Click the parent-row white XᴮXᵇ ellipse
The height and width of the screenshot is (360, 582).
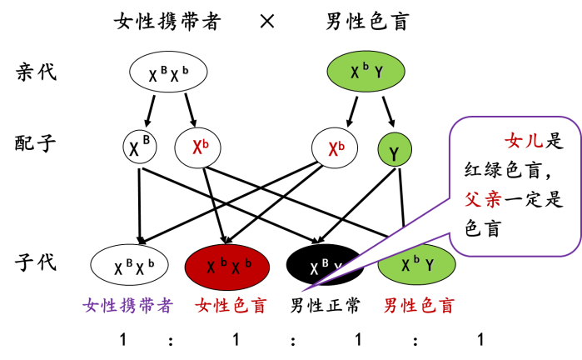[x=168, y=72]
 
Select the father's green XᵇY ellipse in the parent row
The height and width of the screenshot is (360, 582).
[x=366, y=72]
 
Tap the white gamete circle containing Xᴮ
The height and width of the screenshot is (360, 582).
[x=140, y=147]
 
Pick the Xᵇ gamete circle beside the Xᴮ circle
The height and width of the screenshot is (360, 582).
[x=197, y=147]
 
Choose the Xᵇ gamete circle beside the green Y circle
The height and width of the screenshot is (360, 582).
[x=335, y=148]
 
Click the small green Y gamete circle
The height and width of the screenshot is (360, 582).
[x=395, y=150]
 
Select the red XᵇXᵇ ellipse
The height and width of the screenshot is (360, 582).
[x=227, y=267]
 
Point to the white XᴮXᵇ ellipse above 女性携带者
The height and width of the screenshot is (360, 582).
[x=129, y=265]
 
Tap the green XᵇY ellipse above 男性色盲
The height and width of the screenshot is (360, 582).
[x=417, y=265]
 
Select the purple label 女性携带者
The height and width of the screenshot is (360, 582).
[x=127, y=306]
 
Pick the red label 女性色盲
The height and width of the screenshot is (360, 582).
[x=231, y=306]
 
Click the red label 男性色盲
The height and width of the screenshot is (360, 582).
[x=419, y=306]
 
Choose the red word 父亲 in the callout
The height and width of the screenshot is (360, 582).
[x=483, y=199]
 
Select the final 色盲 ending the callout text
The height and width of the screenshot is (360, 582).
[x=483, y=228]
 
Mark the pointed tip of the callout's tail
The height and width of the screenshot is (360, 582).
[x=302, y=291]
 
